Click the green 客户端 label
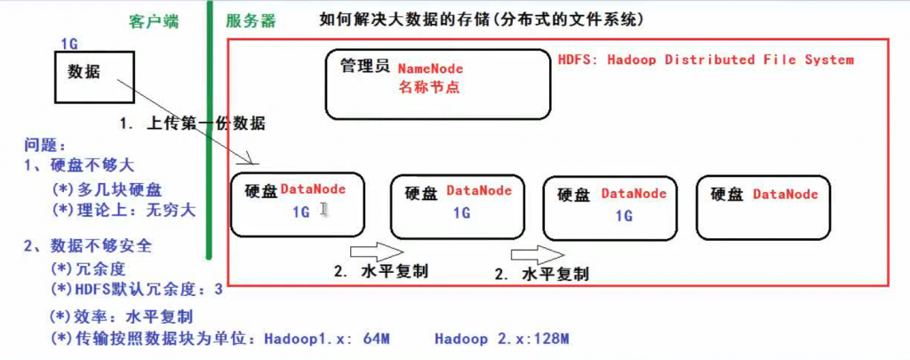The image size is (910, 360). pos(154,22)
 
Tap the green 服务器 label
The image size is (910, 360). pos(251,22)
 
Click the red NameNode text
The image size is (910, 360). pos(431,69)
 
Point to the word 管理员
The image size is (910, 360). pos(364,65)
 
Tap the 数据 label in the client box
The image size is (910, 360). pos(84,72)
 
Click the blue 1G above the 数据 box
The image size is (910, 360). pos(69,44)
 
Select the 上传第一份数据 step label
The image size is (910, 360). pos(206,124)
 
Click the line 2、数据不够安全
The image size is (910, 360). pos(88,246)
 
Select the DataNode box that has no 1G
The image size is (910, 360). pos(763,208)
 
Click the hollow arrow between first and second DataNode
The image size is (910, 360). pos(377,253)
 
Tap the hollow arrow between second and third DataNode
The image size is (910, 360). pos(538,254)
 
